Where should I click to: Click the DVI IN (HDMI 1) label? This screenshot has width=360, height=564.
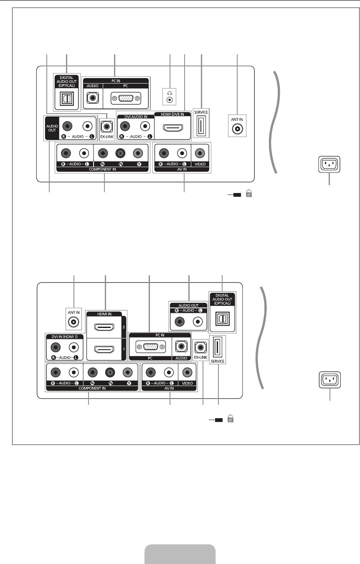coord(65,337)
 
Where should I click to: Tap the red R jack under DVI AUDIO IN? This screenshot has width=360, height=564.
coord(124,126)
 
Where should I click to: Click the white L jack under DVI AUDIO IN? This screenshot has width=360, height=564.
coord(145,126)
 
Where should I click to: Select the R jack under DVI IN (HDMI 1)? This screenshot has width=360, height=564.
coord(55,347)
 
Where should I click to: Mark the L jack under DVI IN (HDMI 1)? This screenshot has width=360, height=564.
coord(74,347)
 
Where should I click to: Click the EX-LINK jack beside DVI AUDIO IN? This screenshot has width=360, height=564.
coord(107,125)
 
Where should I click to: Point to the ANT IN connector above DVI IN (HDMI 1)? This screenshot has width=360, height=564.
coord(74,322)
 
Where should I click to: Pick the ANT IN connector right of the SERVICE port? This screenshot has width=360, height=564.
coord(238,129)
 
